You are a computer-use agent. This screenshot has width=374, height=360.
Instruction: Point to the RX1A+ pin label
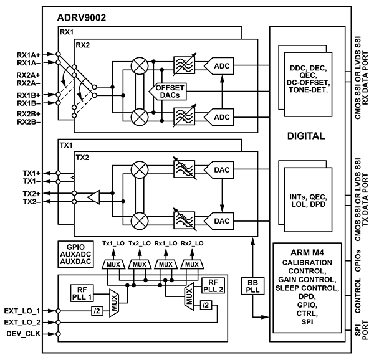point(27,54)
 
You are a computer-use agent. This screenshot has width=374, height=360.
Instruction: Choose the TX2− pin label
point(32,202)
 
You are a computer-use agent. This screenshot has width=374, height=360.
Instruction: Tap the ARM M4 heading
point(305,252)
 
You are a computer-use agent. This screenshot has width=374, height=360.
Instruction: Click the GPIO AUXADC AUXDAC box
point(74,253)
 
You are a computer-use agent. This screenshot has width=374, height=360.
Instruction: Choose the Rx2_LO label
point(190,242)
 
